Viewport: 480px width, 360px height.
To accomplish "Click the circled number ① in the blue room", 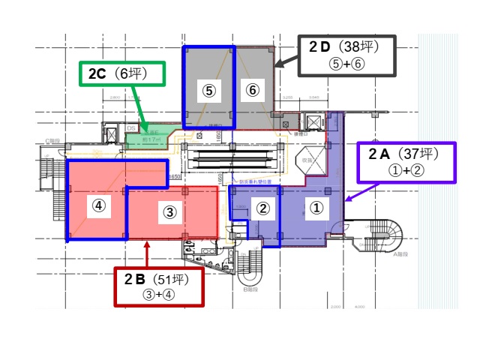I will point(317,208).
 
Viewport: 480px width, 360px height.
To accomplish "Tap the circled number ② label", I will point(262,208).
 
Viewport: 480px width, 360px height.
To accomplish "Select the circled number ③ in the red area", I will point(170,212).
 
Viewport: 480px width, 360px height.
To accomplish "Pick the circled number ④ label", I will point(98,204).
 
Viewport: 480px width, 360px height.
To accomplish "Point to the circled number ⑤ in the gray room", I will point(209,90).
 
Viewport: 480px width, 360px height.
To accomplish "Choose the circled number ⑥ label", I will point(253,90).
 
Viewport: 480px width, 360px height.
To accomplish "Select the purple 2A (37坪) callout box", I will point(406,162).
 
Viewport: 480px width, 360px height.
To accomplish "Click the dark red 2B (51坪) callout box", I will point(159,286).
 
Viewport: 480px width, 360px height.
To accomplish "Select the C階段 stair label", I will point(53,140).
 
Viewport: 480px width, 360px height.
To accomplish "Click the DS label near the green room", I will point(130,128).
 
